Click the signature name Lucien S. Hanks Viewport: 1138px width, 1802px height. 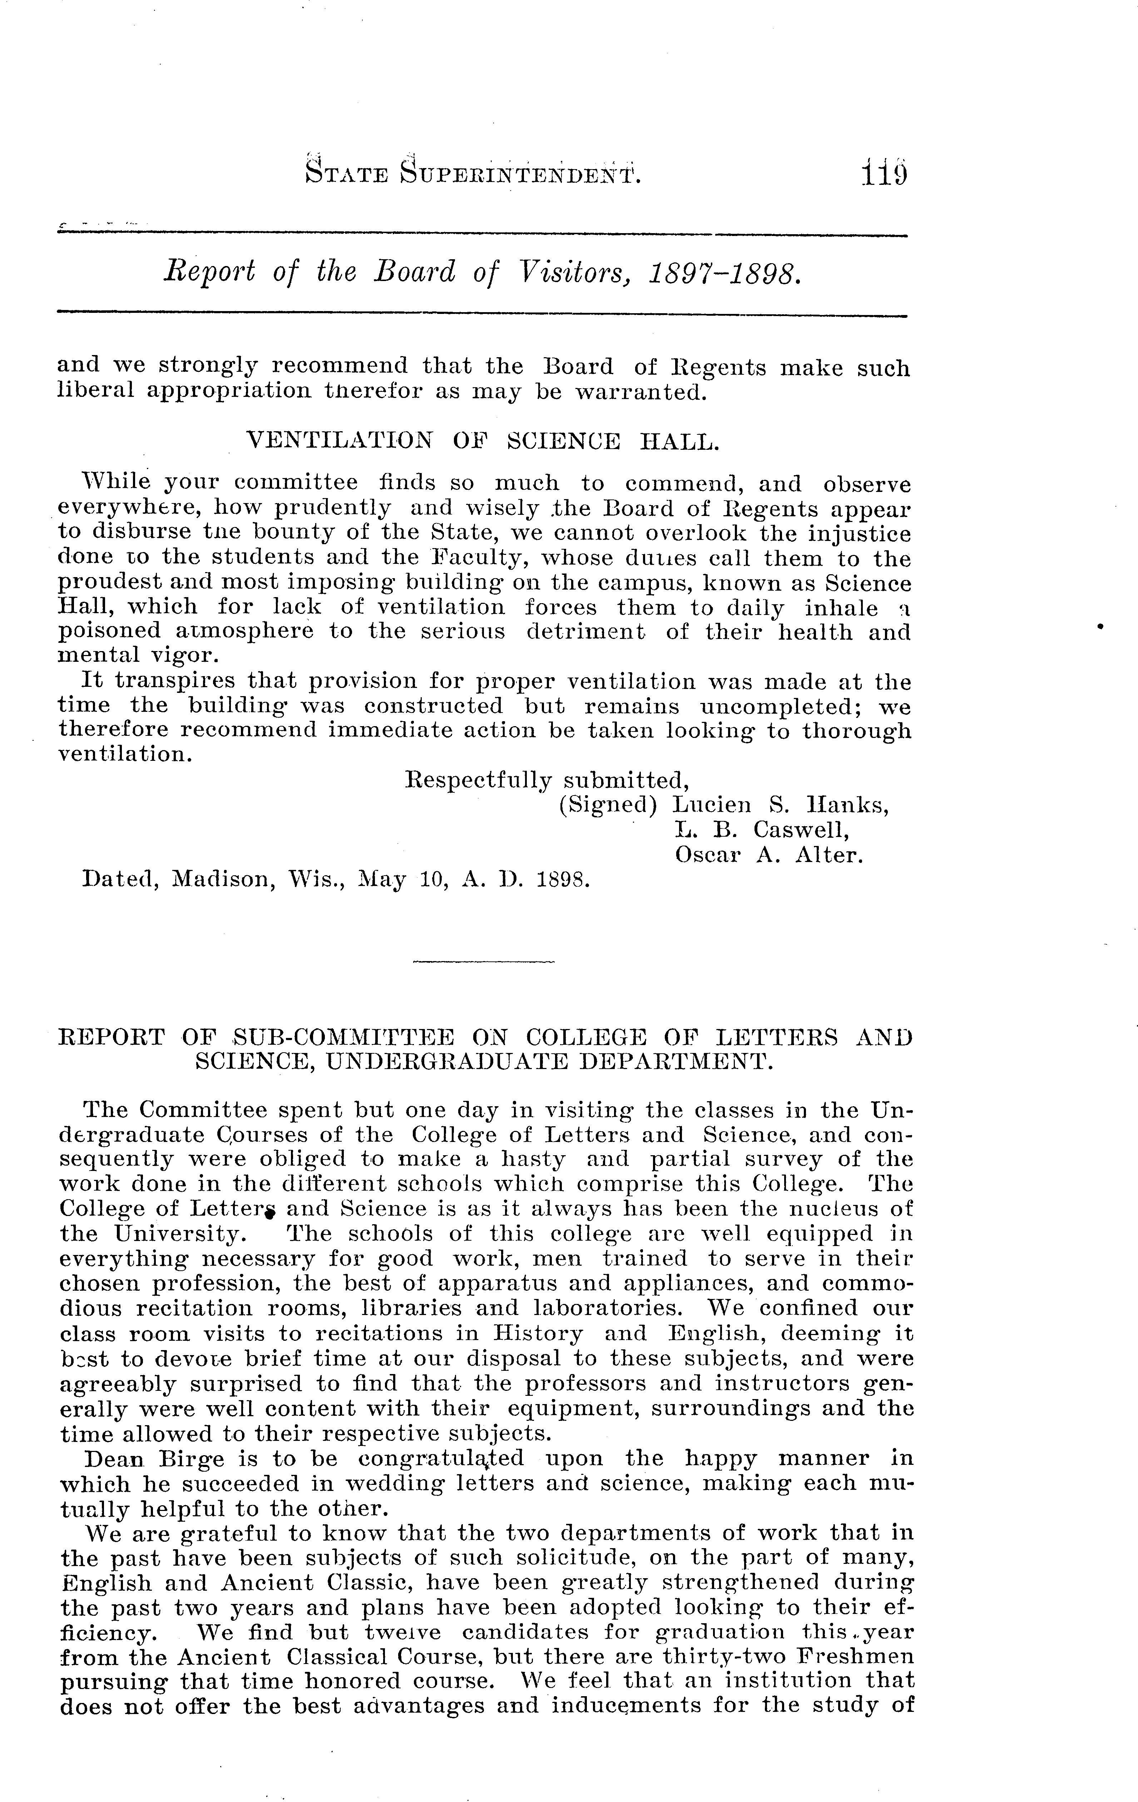[x=780, y=805]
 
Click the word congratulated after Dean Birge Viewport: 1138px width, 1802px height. [x=441, y=1459]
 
